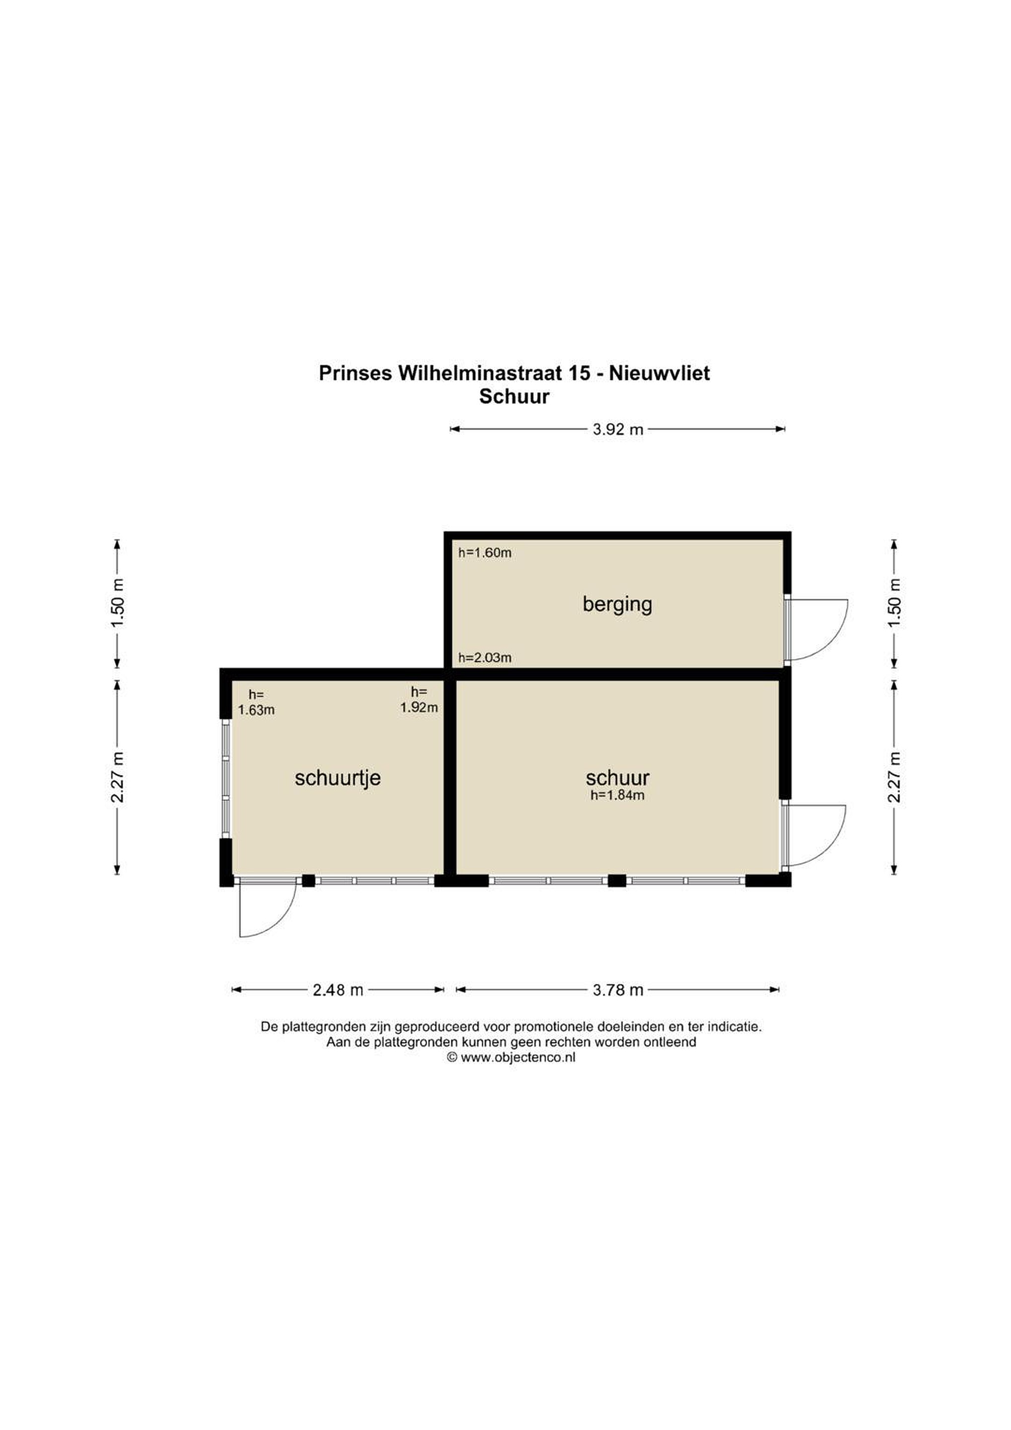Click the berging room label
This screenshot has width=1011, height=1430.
pos(617,605)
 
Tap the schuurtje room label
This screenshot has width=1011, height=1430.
pos(338,779)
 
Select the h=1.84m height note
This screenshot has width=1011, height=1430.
pos(617,795)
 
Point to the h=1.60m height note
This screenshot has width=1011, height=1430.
pos(485,553)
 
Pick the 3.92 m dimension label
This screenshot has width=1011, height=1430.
pos(617,429)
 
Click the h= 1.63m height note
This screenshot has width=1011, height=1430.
pos(256,703)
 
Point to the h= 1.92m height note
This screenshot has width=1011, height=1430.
pos(419,700)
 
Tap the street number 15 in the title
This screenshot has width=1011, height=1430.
pos(579,373)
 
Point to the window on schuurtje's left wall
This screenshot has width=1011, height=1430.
pos(226,779)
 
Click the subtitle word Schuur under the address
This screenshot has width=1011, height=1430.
pos(514,397)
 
